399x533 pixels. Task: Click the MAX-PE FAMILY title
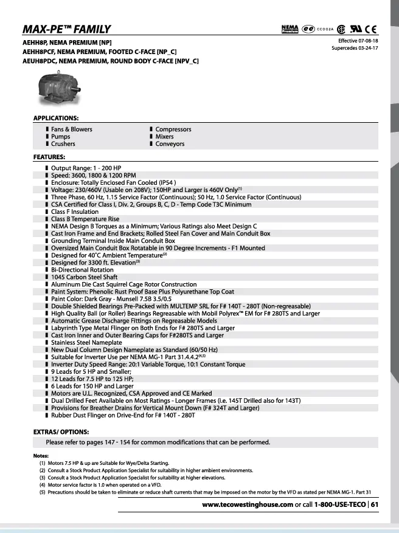(66, 29)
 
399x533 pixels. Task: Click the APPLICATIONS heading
(55, 117)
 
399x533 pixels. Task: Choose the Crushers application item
(63, 144)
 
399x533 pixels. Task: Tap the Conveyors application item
(170, 144)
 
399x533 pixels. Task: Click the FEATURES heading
(49, 157)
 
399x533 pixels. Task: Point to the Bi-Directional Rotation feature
(82, 270)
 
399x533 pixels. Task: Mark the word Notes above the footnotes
(41, 456)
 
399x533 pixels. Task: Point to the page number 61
(375, 504)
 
